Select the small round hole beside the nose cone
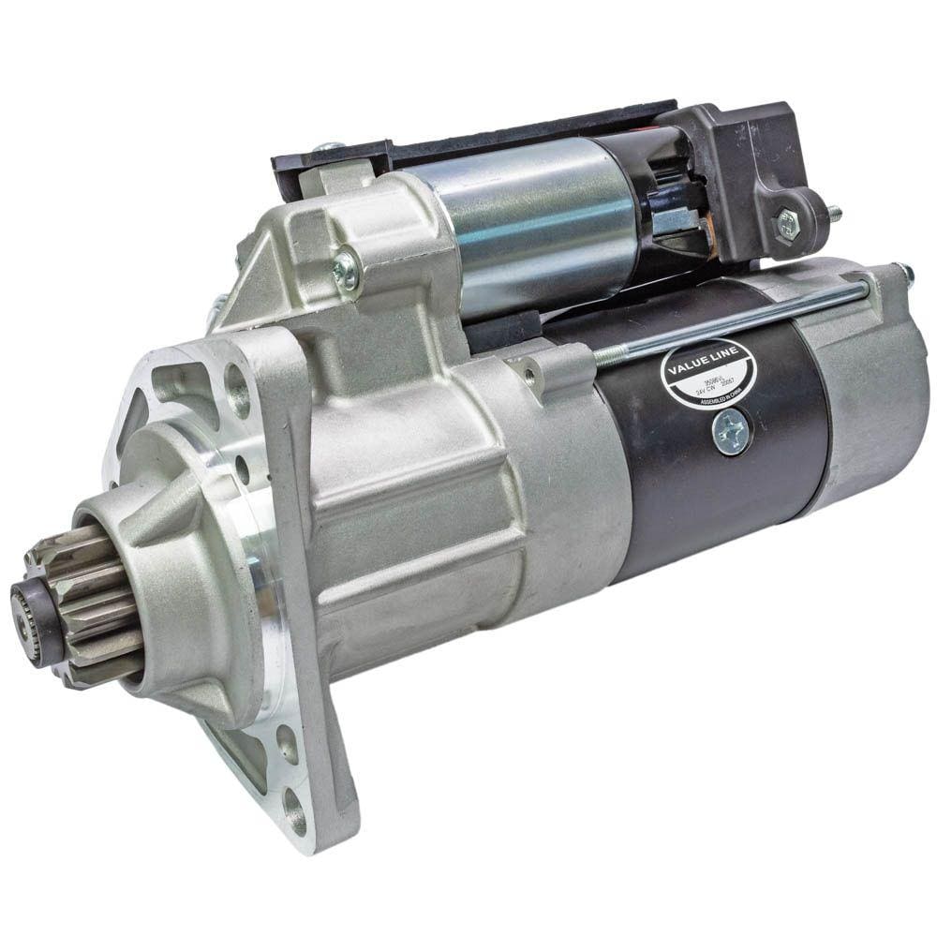(x=242, y=464)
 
